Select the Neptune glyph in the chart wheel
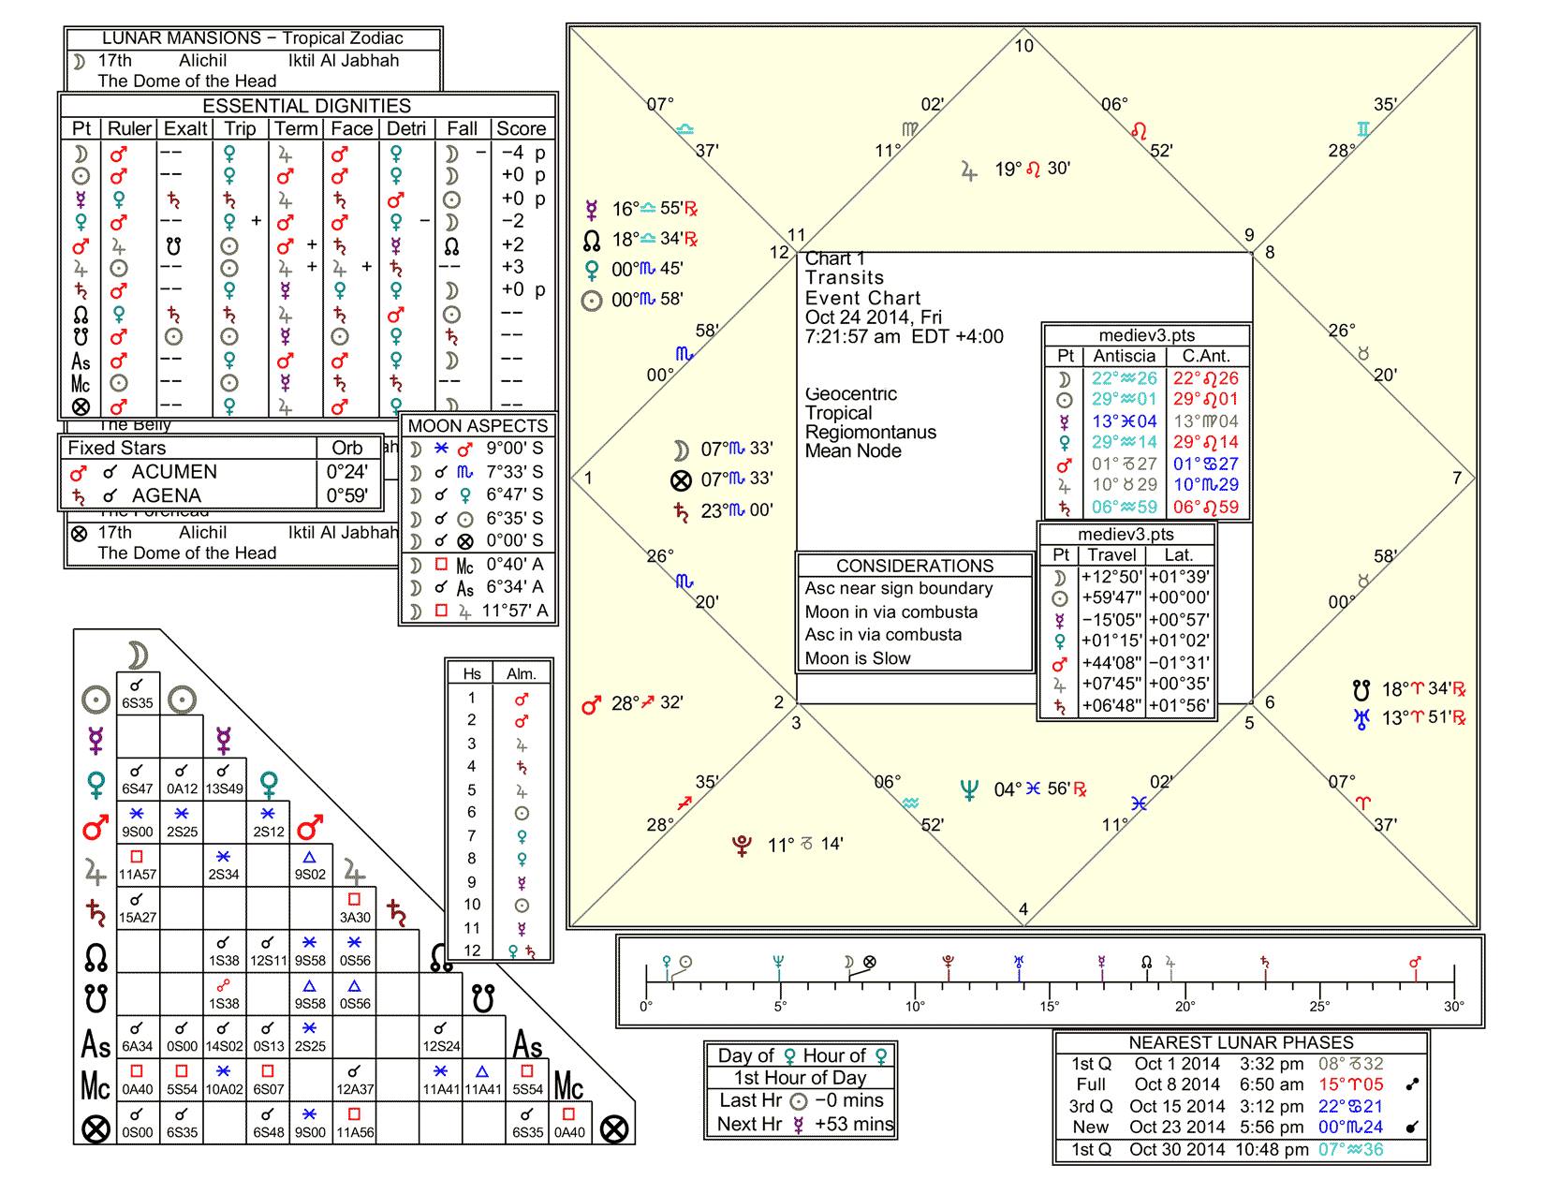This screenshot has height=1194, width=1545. (x=970, y=789)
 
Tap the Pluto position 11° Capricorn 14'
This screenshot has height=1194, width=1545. (x=805, y=846)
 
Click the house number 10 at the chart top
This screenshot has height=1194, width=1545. (x=1024, y=46)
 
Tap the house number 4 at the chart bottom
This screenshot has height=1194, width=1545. (x=1023, y=909)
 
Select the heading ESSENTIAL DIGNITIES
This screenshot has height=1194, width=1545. (x=307, y=106)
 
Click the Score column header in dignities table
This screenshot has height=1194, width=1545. (x=521, y=129)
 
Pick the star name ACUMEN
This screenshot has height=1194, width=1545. (x=174, y=472)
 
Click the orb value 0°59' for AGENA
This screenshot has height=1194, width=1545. (x=346, y=495)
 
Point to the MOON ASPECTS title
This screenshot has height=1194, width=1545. (x=478, y=425)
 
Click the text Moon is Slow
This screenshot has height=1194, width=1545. (x=858, y=658)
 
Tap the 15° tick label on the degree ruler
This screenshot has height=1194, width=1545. (x=1050, y=1007)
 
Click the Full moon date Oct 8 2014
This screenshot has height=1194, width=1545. (x=1177, y=1084)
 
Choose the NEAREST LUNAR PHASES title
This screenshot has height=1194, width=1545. (x=1241, y=1042)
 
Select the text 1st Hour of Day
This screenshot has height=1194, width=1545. (x=800, y=1078)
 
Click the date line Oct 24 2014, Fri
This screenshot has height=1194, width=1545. (x=874, y=317)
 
